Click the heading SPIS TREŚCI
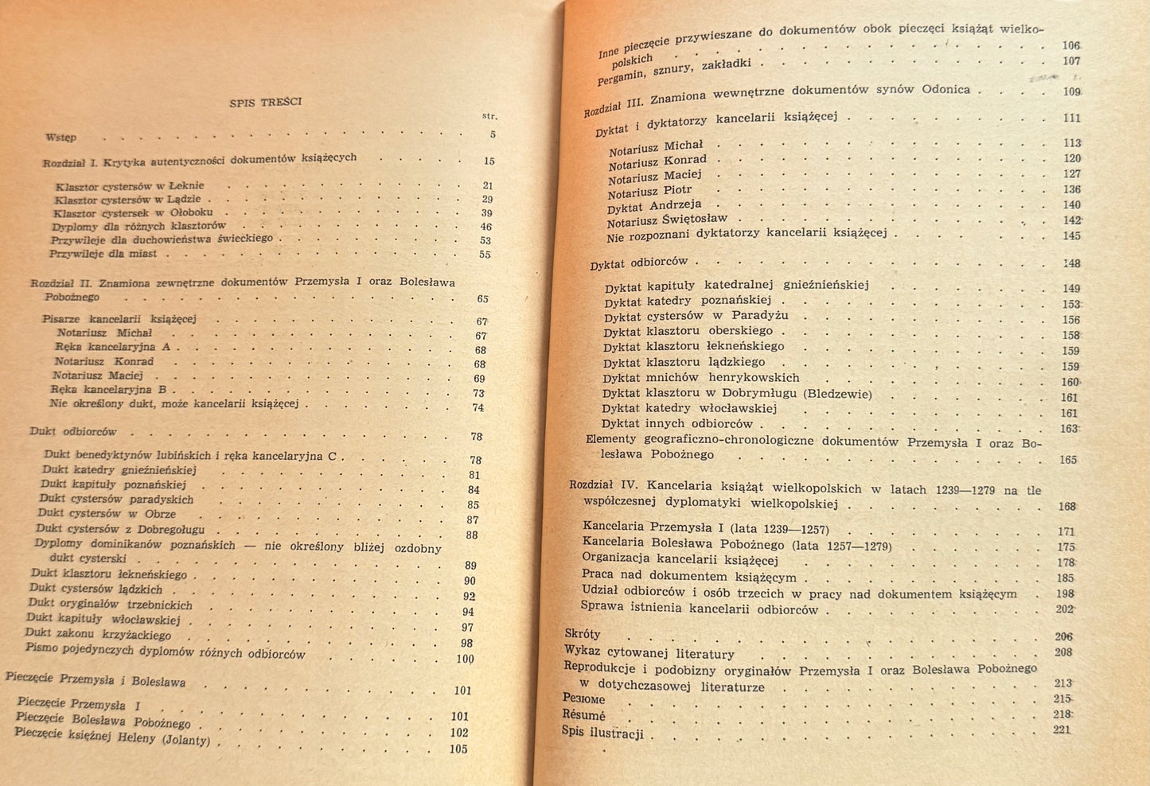266,102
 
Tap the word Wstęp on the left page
61,137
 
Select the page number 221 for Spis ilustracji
1062,730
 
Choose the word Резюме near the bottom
583,698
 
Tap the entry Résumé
583,715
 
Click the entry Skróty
582,634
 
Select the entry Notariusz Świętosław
667,220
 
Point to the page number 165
1067,460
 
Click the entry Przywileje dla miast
103,254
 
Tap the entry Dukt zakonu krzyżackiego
98,634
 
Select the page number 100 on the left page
465,659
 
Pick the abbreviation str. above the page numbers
489,116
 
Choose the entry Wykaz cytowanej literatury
649,652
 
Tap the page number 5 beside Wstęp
493,134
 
